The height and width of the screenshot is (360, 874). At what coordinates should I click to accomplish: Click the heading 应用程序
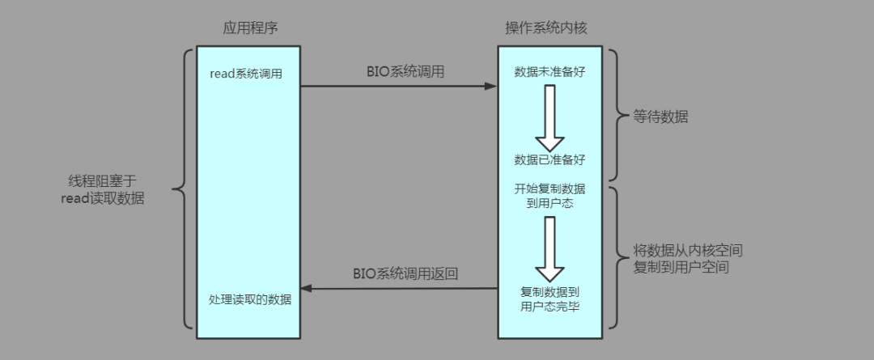tap(249, 28)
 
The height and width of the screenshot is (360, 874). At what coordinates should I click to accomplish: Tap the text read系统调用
tap(246, 73)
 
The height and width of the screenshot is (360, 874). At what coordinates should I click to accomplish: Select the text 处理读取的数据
tap(249, 299)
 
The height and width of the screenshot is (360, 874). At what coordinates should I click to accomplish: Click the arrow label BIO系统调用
tap(405, 71)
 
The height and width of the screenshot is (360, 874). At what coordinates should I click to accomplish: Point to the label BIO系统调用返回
tap(405, 273)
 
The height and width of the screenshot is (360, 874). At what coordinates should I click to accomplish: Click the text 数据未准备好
tap(549, 72)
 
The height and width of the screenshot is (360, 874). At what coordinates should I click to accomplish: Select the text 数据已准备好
tap(549, 158)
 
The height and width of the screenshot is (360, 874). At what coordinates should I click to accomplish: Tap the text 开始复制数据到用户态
tap(549, 196)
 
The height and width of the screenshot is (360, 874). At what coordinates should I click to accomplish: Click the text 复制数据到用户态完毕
tap(549, 299)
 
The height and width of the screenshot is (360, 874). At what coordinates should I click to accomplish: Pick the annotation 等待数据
tap(661, 116)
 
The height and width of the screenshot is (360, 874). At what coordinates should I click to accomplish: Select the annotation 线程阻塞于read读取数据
tap(103, 190)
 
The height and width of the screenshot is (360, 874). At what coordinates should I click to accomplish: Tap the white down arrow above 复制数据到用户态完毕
tap(549, 248)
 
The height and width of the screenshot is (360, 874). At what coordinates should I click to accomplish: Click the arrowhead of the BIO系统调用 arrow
tap(490, 86)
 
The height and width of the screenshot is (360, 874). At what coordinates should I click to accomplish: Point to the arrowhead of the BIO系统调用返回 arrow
tap(306, 288)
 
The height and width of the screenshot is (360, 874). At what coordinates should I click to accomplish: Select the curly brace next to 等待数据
tap(616, 116)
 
